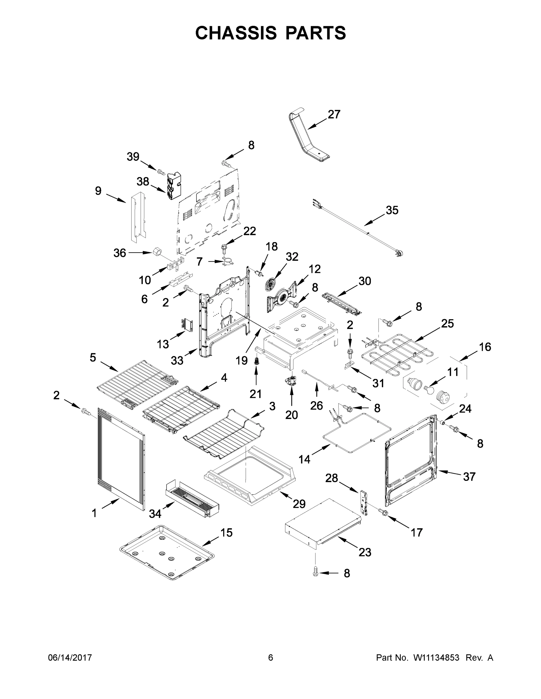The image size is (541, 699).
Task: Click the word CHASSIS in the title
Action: (x=236, y=33)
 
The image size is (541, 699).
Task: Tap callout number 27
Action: (x=334, y=114)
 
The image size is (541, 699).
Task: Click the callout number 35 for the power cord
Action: (x=392, y=210)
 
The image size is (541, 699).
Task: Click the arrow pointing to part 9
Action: (x=116, y=198)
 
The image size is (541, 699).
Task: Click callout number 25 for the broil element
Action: (x=447, y=324)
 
